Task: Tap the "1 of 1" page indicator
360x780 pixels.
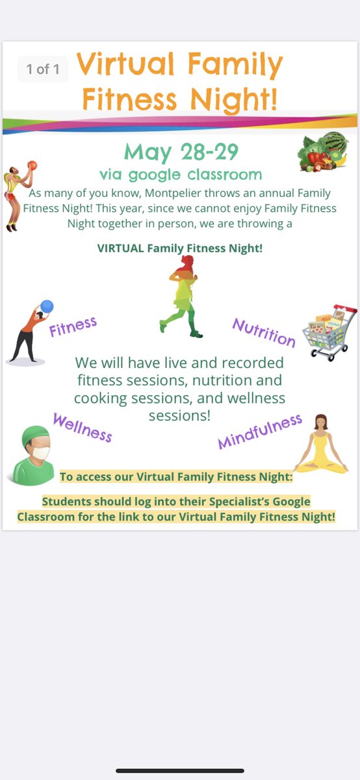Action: click(x=44, y=69)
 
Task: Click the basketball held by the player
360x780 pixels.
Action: click(x=32, y=166)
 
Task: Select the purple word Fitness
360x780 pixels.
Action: click(x=73, y=327)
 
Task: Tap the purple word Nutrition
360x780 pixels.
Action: click(x=264, y=332)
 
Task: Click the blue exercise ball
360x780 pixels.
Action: click(x=46, y=306)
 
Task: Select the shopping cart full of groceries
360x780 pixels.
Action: click(x=328, y=332)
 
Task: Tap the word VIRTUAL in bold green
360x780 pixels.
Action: click(x=121, y=248)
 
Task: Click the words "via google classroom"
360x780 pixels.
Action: click(x=181, y=174)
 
